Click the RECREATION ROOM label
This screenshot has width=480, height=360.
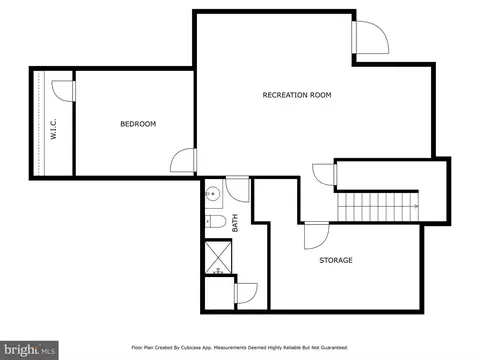pyautogui.click(x=297, y=95)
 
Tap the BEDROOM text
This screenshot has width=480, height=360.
pyautogui.click(x=138, y=124)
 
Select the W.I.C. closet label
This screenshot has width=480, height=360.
pyautogui.click(x=53, y=129)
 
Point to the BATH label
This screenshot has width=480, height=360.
pyautogui.click(x=235, y=223)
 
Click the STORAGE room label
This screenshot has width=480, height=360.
pyautogui.click(x=336, y=260)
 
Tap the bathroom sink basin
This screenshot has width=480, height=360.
pyautogui.click(x=211, y=193)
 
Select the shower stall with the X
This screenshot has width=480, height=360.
pyautogui.click(x=218, y=258)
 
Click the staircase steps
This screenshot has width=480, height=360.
pyautogui.click(x=378, y=207)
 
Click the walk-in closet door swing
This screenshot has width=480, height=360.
pyautogui.click(x=63, y=91)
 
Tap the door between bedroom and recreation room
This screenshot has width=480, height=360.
pyautogui.click(x=183, y=160)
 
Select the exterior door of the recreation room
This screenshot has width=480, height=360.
pyautogui.click(x=370, y=37)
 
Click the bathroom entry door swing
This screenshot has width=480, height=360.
pyautogui.click(x=237, y=189)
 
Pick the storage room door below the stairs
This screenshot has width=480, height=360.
pyautogui.click(x=317, y=236)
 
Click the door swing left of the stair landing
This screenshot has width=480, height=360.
pyautogui.click(x=325, y=175)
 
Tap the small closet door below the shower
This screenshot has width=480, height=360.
pyautogui.click(x=246, y=293)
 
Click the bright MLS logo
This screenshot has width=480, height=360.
pyautogui.click(x=29, y=350)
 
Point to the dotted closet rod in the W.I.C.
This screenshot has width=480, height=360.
pyautogui.click(x=40, y=123)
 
